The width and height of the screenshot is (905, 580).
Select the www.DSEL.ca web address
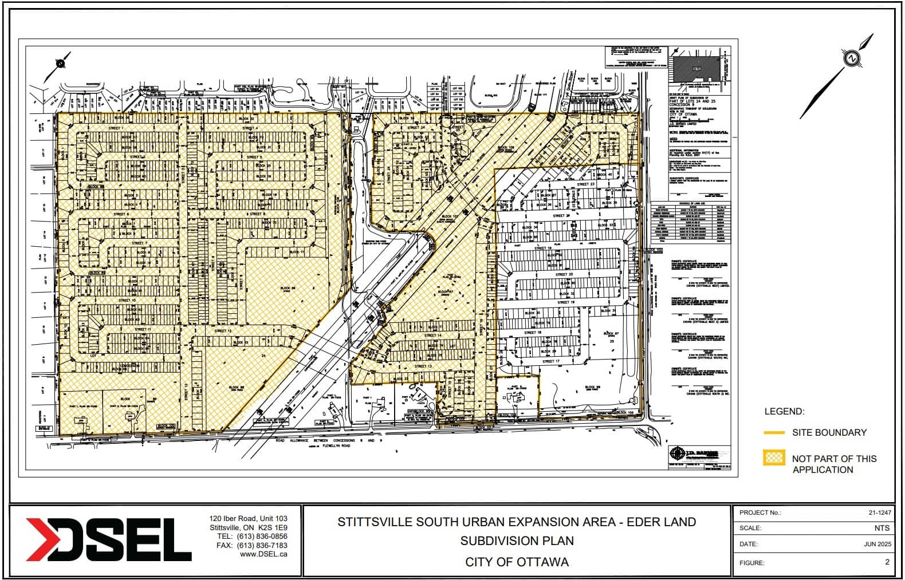click(263, 554)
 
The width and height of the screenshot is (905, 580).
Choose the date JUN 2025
click(877, 544)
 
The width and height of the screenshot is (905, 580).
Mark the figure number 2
click(887, 562)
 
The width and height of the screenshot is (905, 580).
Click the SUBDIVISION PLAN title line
click(517, 541)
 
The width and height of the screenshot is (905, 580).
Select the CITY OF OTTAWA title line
click(517, 562)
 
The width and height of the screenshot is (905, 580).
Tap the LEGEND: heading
click(784, 412)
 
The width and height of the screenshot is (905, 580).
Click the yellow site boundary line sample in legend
click(774, 433)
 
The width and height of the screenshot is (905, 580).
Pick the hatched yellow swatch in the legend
click(774, 458)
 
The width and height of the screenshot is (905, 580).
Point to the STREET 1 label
click(115, 128)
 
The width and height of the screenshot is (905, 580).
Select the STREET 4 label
click(250, 128)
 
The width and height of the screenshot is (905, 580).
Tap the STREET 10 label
click(127, 300)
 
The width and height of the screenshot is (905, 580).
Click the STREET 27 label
click(585, 184)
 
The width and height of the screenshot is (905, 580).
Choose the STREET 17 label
click(548, 361)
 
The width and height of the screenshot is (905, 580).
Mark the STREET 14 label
click(432, 336)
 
